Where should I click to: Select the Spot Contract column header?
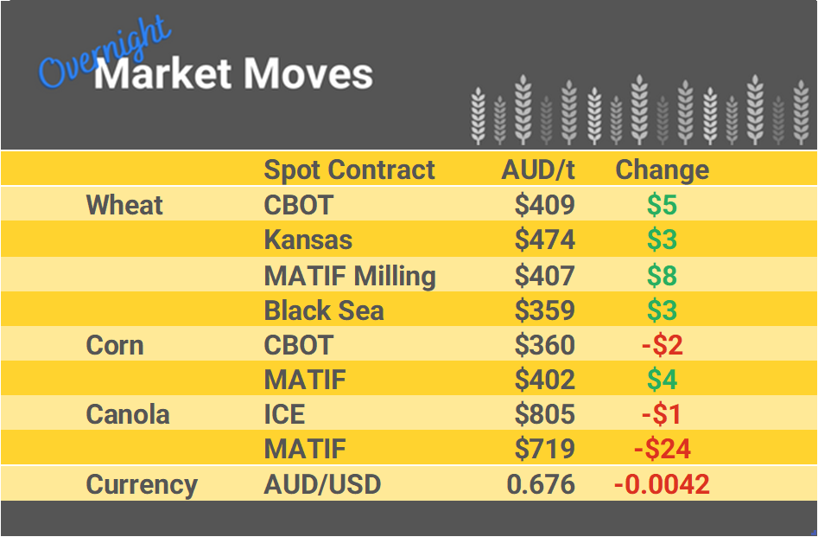pos(349,169)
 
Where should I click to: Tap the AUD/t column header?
pos(538,169)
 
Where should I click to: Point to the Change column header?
pos(662,169)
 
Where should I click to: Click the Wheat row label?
pos(124,205)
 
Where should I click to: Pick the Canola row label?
pos(128,414)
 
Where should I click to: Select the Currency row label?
pos(142,484)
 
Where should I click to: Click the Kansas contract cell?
pos(308,240)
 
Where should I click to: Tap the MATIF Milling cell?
pos(349,275)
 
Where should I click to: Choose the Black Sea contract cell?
pos(323,310)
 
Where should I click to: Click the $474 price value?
pos(544,240)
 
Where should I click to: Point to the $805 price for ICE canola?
pos(544,414)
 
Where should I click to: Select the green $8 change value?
pos(662,275)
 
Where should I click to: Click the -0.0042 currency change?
pos(662,484)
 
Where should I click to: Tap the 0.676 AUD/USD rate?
pos(541,484)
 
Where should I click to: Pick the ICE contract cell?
pos(284,414)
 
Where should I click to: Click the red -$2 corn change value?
pos(662,345)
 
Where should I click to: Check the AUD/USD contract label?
pos(322,484)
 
